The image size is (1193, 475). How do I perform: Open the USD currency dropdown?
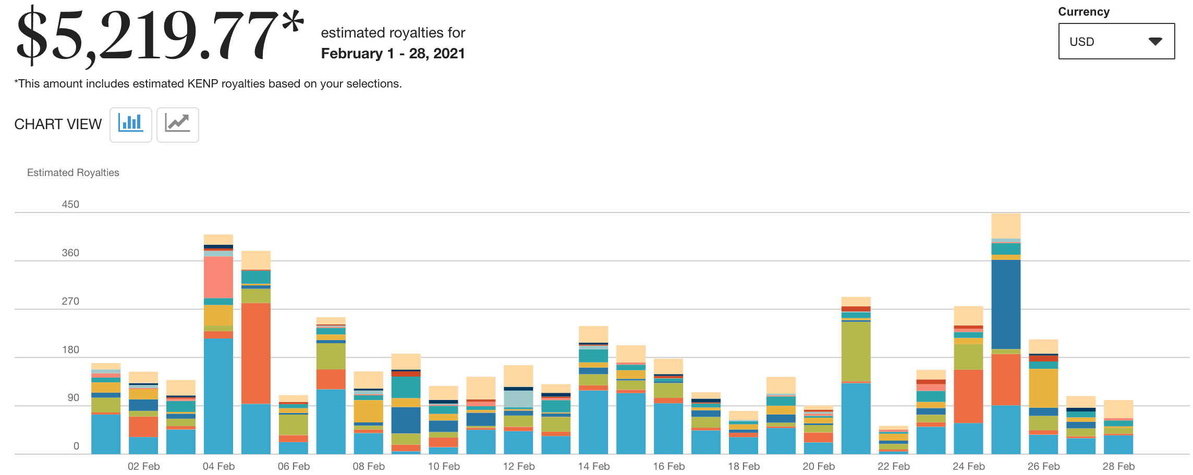click(x=1116, y=42)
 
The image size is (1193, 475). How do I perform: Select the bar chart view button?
click(x=130, y=124)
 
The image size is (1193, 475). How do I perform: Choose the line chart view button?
click(x=177, y=124)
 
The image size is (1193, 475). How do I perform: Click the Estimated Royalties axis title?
click(x=73, y=172)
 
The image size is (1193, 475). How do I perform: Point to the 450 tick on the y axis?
click(x=70, y=204)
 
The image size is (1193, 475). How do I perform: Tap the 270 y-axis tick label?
click(x=70, y=301)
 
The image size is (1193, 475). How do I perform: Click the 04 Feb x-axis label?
click(x=218, y=466)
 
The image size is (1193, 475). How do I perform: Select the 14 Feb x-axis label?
click(x=593, y=466)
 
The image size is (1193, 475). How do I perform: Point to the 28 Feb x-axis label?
click(x=1118, y=466)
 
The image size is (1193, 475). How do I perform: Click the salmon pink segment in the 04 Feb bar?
click(x=218, y=277)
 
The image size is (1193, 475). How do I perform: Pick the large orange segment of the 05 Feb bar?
click(x=256, y=353)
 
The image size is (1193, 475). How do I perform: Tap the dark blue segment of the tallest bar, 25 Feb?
click(x=1006, y=304)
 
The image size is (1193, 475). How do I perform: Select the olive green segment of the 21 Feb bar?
click(x=856, y=352)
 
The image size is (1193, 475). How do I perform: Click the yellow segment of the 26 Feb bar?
click(x=1043, y=388)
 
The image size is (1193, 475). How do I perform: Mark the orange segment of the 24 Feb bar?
click(x=968, y=396)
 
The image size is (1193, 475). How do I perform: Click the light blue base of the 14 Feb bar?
click(x=593, y=422)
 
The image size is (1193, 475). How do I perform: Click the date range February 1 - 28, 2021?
click(x=393, y=54)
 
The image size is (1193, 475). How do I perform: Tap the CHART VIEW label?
click(x=58, y=124)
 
